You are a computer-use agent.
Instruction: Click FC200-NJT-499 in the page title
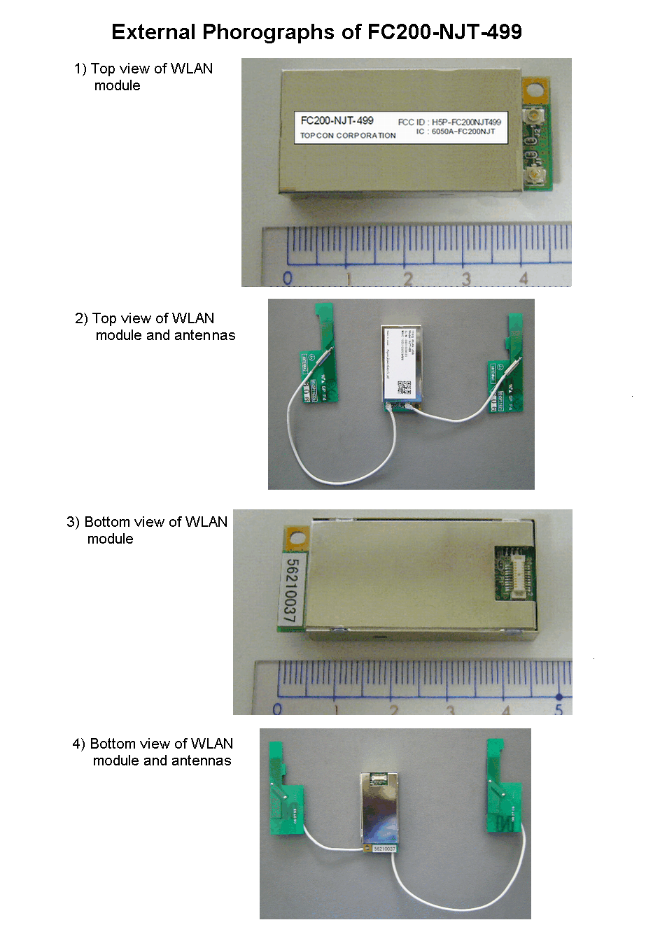(444, 32)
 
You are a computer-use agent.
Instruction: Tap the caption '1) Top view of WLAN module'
(143, 77)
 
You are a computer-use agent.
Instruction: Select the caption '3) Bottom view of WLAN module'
(146, 530)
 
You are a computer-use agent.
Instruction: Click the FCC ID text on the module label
(449, 122)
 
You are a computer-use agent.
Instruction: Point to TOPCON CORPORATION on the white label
(348, 136)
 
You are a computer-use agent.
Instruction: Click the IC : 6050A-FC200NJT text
(456, 132)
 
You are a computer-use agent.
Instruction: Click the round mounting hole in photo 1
(535, 90)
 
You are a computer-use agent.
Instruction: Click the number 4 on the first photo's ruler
(524, 278)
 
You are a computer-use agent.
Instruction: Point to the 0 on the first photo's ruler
(288, 278)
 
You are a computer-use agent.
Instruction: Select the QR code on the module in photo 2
(405, 386)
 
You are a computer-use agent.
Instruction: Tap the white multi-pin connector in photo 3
(519, 572)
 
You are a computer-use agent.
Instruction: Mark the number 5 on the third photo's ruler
(559, 709)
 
